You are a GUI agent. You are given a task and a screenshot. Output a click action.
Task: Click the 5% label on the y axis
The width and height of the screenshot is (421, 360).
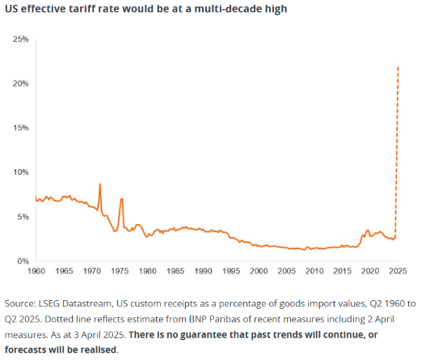(x=22, y=217)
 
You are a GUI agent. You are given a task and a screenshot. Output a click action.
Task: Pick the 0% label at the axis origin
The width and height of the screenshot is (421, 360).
(x=22, y=261)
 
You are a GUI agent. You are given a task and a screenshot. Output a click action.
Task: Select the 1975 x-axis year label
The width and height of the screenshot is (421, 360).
(x=120, y=269)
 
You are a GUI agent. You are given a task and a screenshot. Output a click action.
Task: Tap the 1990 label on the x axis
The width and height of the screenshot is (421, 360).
(x=204, y=269)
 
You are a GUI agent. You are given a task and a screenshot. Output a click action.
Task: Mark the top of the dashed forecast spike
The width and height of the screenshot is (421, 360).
(x=399, y=66)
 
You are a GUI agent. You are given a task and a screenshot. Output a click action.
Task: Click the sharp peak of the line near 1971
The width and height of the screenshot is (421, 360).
(x=99, y=184)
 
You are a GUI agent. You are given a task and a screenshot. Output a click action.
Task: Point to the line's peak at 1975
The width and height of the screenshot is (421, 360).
(x=121, y=198)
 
